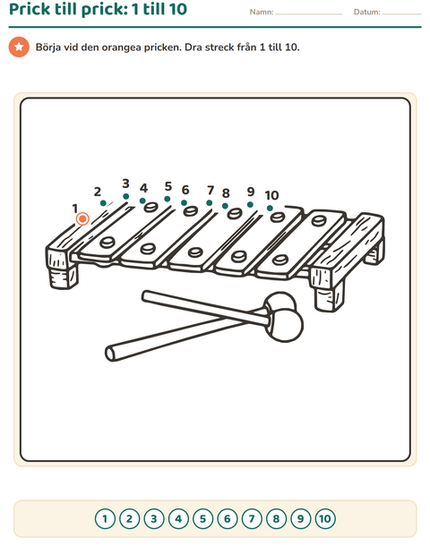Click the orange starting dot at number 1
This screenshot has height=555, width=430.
pyautogui.click(x=82, y=218)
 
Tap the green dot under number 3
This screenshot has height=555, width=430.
pyautogui.click(x=125, y=196)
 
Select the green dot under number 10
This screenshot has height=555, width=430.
pyautogui.click(x=270, y=208)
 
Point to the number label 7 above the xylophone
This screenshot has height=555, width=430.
pyautogui.click(x=211, y=190)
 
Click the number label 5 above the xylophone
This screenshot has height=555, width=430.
pyautogui.click(x=168, y=186)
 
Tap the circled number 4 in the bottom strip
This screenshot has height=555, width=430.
pyautogui.click(x=178, y=519)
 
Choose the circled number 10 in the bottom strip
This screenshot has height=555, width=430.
pyautogui.click(x=325, y=519)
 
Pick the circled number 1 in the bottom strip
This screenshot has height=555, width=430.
pyautogui.click(x=105, y=519)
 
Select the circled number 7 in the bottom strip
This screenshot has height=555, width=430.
pyautogui.click(x=252, y=519)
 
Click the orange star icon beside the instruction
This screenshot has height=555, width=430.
pyautogui.click(x=19, y=47)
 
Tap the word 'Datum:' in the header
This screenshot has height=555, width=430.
pyautogui.click(x=366, y=12)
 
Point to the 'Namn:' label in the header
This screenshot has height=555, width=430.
pyautogui.click(x=262, y=12)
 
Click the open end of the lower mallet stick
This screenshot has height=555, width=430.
pyautogui.click(x=110, y=354)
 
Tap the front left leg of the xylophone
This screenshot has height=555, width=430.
pyautogui.click(x=63, y=276)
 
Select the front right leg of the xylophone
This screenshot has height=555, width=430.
pyautogui.click(x=330, y=296)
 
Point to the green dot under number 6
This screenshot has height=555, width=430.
pyautogui.click(x=184, y=203)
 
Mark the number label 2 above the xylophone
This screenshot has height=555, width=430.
pyautogui.click(x=98, y=192)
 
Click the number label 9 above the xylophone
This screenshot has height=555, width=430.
pyautogui.click(x=251, y=192)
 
